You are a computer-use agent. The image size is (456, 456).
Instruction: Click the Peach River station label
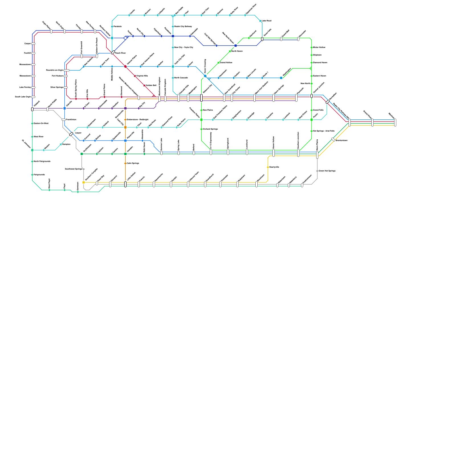pos(120,53)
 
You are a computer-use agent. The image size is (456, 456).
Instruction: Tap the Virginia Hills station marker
pos(135,76)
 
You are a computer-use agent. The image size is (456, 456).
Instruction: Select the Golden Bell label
pos(151,85)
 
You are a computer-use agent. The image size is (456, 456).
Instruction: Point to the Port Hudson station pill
pos(66,76)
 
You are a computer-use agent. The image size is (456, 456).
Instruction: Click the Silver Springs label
pos(57,87)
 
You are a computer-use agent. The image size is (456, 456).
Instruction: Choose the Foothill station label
pos(27,53)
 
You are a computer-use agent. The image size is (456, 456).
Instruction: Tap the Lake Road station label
pos(266,21)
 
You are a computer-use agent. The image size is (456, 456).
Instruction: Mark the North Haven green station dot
pos(230,51)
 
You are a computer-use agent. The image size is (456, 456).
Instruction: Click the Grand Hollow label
pos(226,62)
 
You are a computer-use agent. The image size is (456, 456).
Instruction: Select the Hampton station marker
pos(61,144)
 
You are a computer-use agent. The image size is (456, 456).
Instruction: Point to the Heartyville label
pos(274,167)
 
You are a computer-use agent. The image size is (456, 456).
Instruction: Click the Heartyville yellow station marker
pos(268,167)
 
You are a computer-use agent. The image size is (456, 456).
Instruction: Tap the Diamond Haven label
pos(320,62)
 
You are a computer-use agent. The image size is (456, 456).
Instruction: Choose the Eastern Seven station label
pos(319,76)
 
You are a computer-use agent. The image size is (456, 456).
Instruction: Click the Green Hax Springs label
pos(327,171)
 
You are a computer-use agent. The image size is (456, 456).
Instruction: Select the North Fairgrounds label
pos(42,161)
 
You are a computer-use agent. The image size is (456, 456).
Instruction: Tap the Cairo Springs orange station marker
pos(125,163)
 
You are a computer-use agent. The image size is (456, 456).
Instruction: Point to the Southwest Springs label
pos(74,169)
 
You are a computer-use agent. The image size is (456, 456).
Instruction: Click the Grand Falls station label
pos(318,110)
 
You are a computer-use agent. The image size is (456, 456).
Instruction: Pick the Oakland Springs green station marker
pos(201,129)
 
